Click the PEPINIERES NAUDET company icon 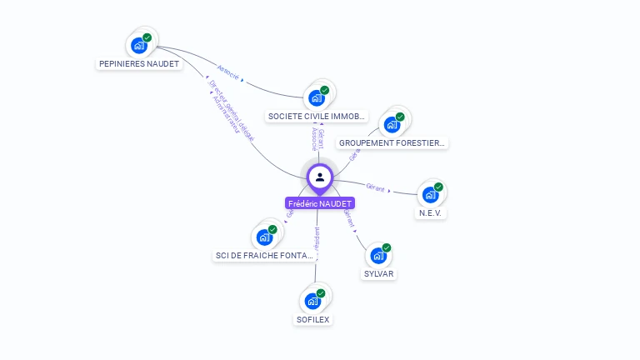tap(139, 45)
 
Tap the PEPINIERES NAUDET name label tap(139, 64)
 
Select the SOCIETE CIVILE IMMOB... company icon tap(317, 97)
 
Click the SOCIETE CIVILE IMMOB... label tap(317, 117)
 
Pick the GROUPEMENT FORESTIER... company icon tap(392, 125)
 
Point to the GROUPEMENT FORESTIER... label tap(392, 143)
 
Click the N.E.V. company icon tap(430, 195)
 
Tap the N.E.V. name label tap(431, 213)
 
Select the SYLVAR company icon tap(378, 256)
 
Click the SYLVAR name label tap(379, 274)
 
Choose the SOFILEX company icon tap(313, 301)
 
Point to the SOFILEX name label tap(314, 319)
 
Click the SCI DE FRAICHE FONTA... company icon tap(265, 237)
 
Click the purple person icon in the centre tap(320, 177)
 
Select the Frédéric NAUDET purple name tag tap(320, 203)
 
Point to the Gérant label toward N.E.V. tap(376, 187)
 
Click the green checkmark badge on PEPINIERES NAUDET tap(147, 37)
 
